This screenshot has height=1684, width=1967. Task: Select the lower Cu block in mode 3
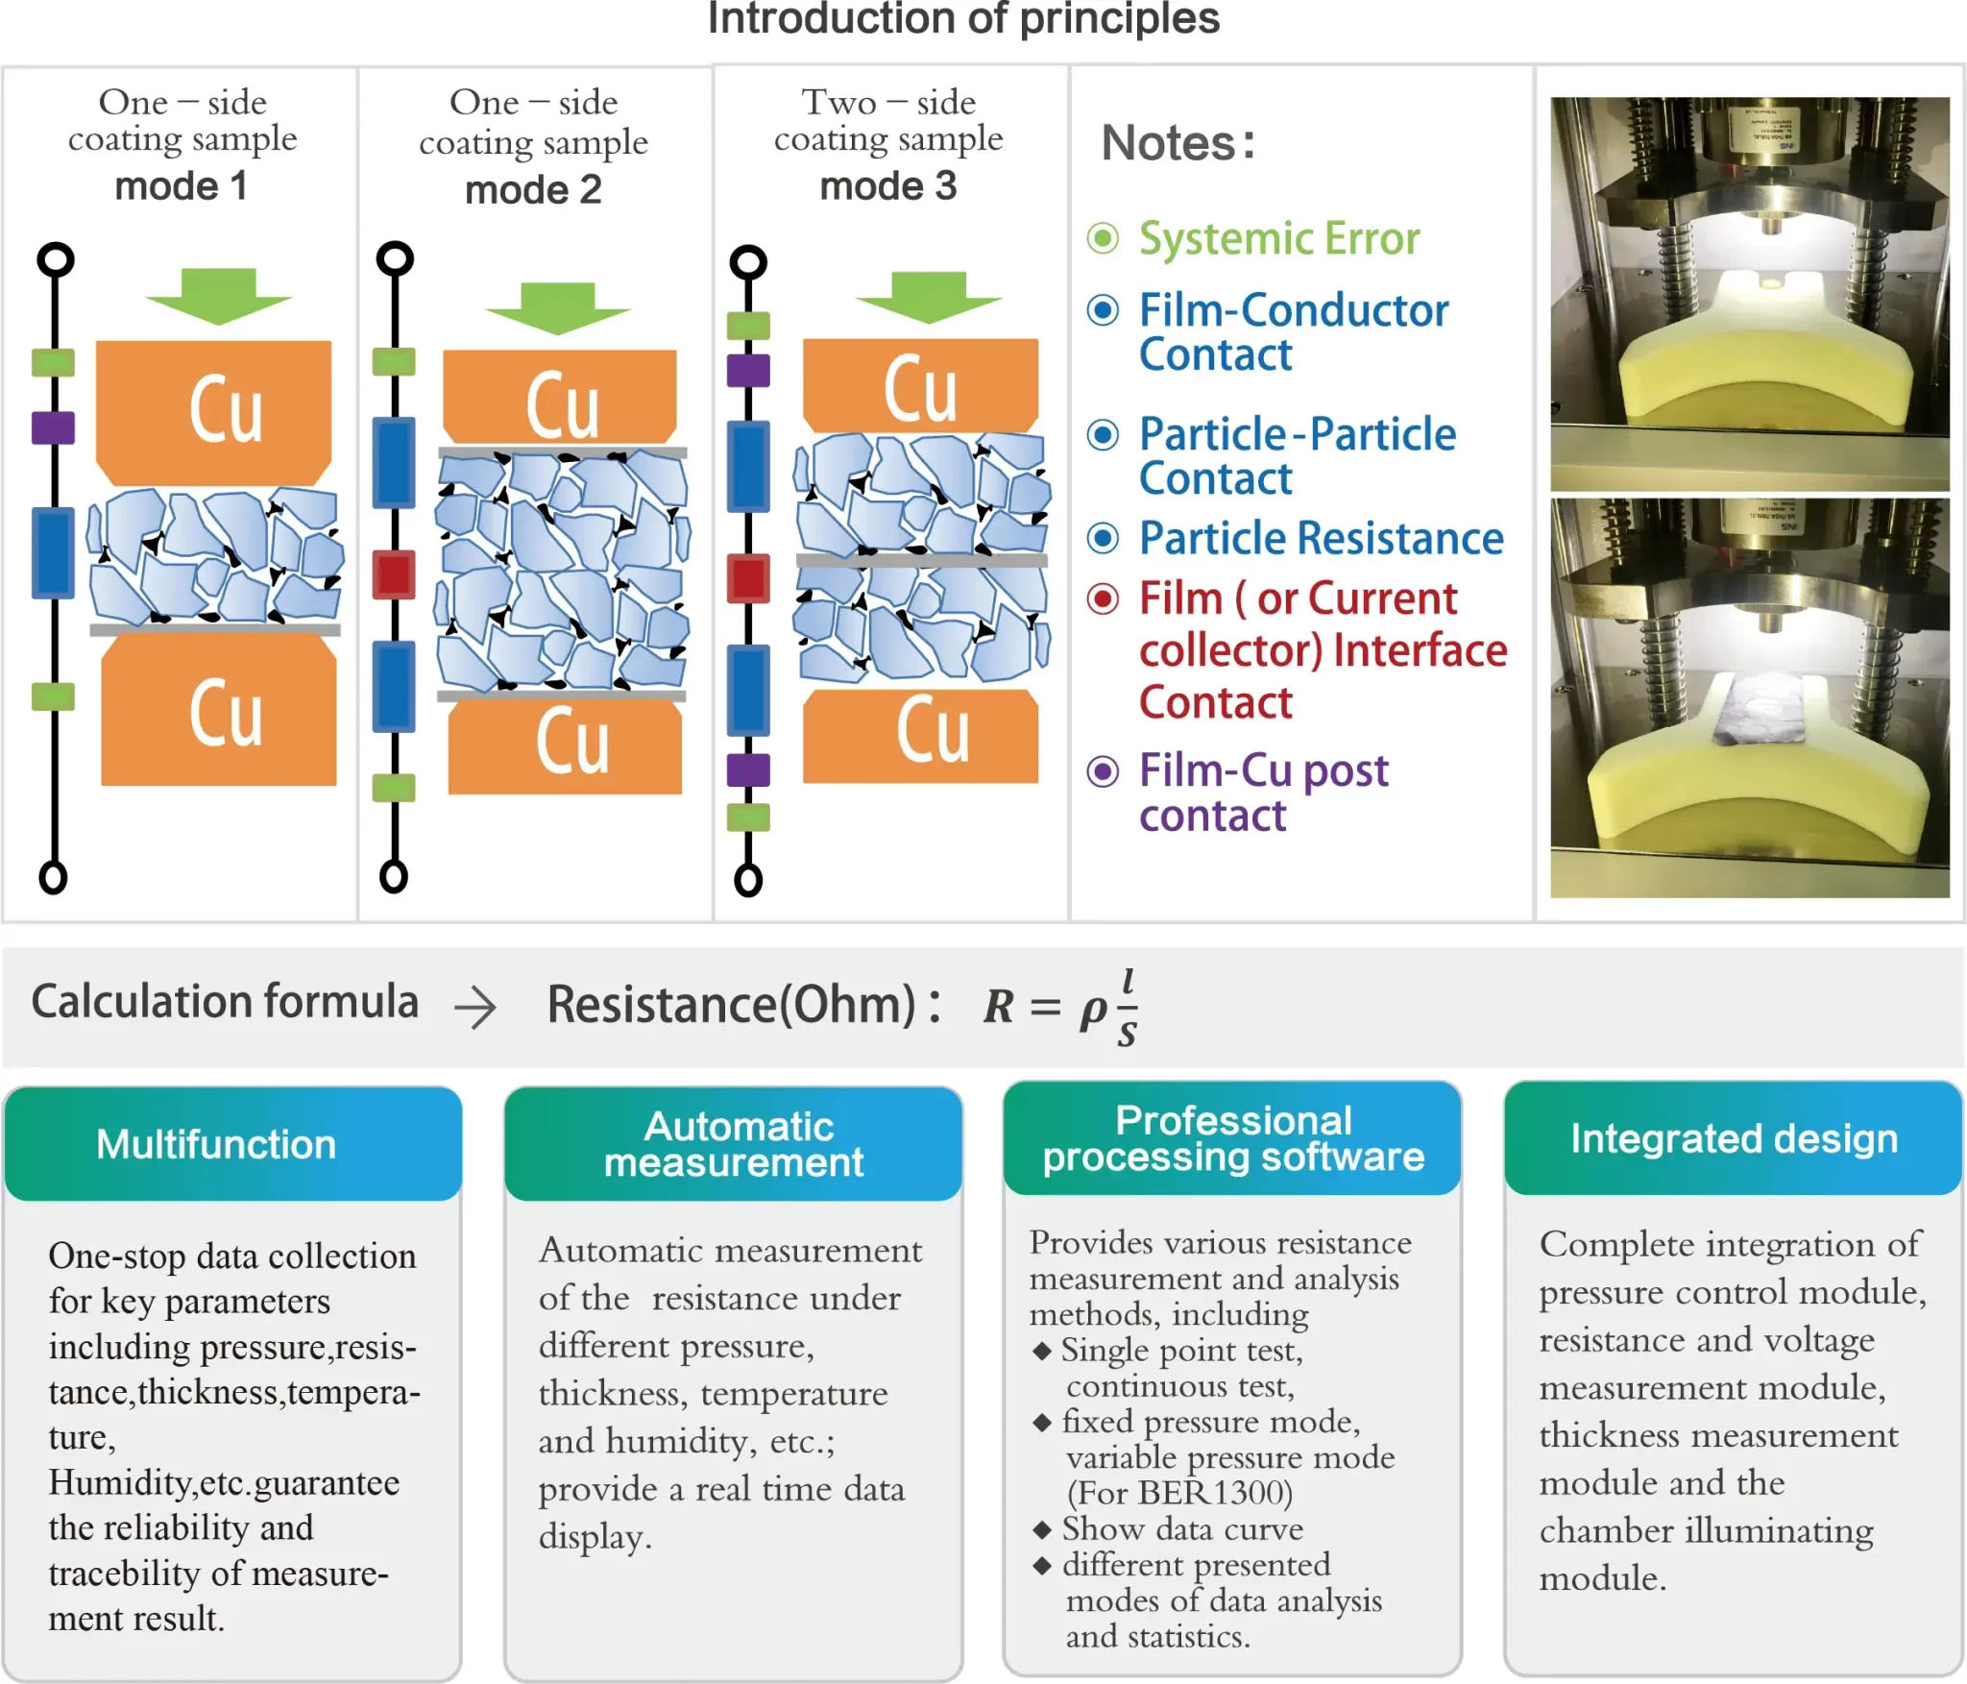[x=921, y=735]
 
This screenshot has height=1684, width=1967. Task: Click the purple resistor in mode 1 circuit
[x=53, y=427]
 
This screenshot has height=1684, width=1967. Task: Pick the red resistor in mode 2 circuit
[x=394, y=574]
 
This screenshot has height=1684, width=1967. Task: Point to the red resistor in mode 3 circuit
[x=748, y=578]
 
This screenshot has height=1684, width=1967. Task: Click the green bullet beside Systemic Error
[x=1103, y=237]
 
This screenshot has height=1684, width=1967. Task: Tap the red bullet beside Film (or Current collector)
[x=1103, y=599]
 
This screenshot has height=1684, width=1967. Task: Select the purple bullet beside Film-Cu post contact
[x=1103, y=770]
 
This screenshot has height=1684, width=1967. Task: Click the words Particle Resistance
[x=1321, y=538]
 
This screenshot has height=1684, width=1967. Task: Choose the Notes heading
[x=1178, y=143]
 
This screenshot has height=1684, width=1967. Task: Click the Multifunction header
[x=217, y=1144]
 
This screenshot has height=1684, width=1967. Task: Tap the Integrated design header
[x=1734, y=1138]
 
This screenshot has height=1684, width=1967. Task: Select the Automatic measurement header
[x=734, y=1143]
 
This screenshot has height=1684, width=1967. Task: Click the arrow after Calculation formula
[x=475, y=1008]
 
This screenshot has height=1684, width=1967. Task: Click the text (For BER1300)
[x=1179, y=1492]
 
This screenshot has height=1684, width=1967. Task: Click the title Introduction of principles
[x=963, y=18]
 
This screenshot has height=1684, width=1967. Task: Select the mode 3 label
[x=888, y=185]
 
